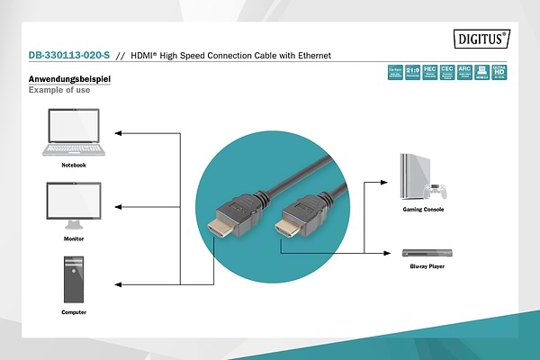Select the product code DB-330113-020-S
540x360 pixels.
[68, 56]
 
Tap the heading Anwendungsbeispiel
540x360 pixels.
[69, 80]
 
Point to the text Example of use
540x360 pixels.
[58, 91]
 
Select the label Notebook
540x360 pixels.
[74, 166]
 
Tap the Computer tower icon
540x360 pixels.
[73, 279]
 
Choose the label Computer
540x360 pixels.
[74, 312]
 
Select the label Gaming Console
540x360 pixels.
[422, 210]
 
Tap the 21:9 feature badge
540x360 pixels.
[411, 72]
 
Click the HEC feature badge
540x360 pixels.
[429, 72]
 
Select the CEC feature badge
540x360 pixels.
[446, 72]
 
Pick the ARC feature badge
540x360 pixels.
[464, 72]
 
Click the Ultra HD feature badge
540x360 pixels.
[499, 72]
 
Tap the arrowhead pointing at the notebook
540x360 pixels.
[120, 134]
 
